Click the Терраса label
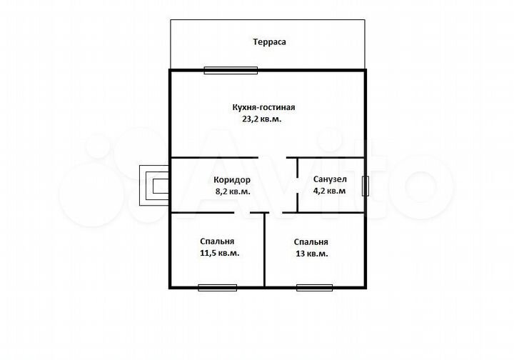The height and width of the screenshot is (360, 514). [269, 42]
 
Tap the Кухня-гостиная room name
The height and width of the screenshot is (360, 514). [263, 107]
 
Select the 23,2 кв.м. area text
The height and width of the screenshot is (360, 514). [261, 119]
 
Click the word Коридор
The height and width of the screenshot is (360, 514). [232, 180]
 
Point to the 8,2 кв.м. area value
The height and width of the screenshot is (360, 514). [233, 191]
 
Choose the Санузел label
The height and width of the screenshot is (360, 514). [330, 179]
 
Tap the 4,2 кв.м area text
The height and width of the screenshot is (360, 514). [329, 191]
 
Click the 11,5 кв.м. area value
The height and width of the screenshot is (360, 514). [219, 253]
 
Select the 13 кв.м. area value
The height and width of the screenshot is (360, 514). [311, 254]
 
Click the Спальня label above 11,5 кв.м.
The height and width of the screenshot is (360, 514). [217, 241]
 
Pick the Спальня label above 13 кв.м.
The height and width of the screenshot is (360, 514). [311, 242]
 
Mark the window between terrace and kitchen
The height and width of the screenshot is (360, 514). [231, 70]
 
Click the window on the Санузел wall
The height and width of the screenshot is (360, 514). [366, 186]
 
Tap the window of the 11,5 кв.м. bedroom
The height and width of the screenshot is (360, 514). [217, 288]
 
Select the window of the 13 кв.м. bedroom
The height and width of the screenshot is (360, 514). [314, 288]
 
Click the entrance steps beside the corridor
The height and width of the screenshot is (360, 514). [154, 185]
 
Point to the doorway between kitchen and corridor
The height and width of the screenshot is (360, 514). [272, 158]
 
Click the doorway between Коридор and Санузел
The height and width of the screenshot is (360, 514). [297, 185]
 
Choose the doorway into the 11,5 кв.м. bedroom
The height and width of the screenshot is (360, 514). [242, 213]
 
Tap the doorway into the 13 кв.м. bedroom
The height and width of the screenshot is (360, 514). [276, 213]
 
